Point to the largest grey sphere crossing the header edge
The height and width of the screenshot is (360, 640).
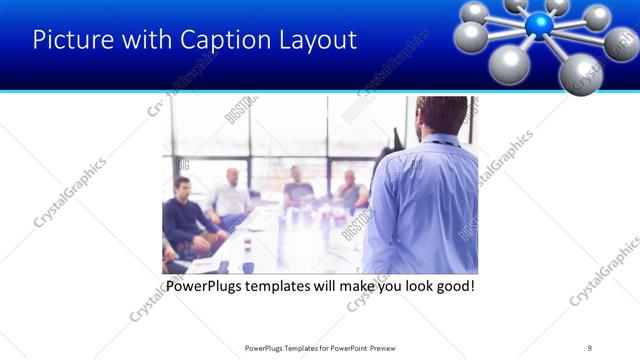coord(581,74)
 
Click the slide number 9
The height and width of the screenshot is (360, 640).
coord(590,348)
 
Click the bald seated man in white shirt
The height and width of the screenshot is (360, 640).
coord(230,196)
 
